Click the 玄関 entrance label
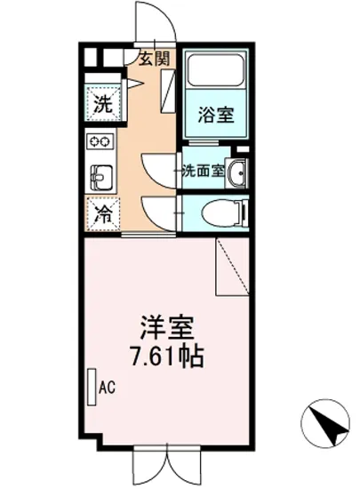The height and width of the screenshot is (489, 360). pos(154,60)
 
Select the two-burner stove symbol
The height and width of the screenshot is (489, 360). pos(100,141)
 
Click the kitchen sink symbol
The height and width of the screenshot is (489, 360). pos(99,175)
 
